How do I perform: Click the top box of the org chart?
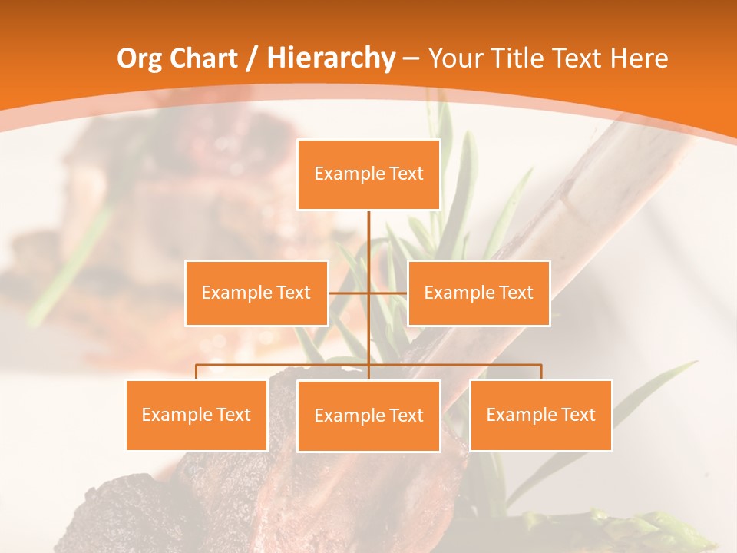(368, 174)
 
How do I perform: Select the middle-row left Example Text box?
(256, 293)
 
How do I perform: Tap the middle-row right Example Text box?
(478, 293)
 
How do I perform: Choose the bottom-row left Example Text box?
(197, 415)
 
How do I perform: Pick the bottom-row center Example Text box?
(368, 416)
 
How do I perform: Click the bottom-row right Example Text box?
(540, 415)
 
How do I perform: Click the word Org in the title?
(139, 58)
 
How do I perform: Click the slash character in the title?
(251, 58)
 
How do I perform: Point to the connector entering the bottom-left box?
(197, 372)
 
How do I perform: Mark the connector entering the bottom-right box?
(541, 372)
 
